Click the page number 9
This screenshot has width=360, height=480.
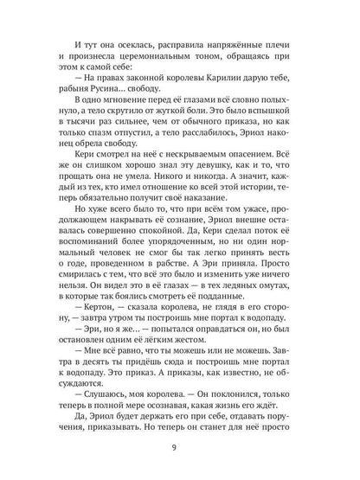180,447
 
